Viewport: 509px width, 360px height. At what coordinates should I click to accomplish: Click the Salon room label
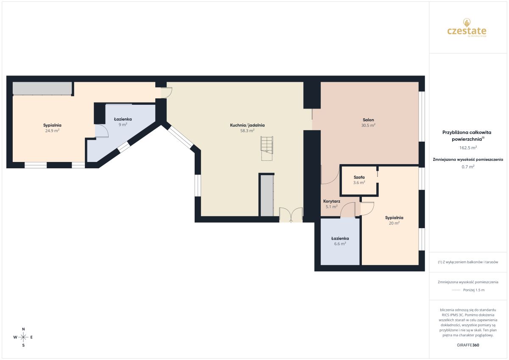368,120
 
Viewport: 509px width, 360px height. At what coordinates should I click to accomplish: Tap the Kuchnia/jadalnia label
247,125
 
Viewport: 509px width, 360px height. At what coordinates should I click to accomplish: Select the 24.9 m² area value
52,131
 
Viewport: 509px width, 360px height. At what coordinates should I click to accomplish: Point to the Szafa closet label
359,177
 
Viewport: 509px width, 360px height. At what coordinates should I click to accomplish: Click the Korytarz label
332,201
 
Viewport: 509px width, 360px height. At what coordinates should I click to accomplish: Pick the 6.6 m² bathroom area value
340,244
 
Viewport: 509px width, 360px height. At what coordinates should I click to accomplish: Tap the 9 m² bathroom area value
123,125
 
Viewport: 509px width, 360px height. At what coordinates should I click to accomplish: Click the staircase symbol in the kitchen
267,148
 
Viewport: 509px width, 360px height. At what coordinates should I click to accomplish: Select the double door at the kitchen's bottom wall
291,215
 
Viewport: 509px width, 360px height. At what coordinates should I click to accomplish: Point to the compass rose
23,337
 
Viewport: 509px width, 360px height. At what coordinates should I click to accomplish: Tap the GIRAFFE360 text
468,345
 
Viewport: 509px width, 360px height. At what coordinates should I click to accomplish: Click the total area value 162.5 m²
468,148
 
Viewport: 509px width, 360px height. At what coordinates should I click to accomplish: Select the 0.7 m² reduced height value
468,167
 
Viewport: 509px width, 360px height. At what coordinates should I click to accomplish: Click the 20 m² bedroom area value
394,223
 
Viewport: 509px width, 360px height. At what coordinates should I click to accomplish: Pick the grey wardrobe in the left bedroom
42,88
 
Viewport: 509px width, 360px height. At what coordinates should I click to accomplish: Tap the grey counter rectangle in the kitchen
267,195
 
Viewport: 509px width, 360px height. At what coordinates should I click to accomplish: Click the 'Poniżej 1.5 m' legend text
474,290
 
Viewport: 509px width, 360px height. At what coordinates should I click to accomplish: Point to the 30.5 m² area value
368,125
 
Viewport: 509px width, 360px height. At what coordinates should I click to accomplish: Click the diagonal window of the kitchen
181,137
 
